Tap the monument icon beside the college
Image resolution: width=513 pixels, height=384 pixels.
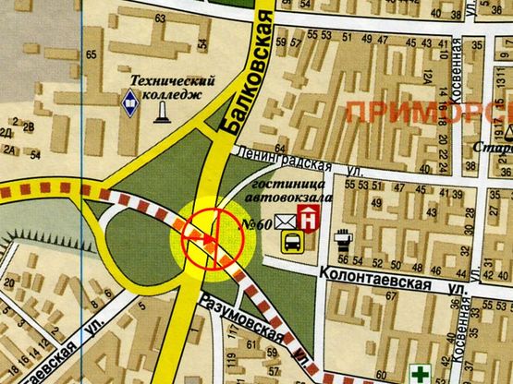point(163,110)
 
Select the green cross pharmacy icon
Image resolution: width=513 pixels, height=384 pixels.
point(421,374)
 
